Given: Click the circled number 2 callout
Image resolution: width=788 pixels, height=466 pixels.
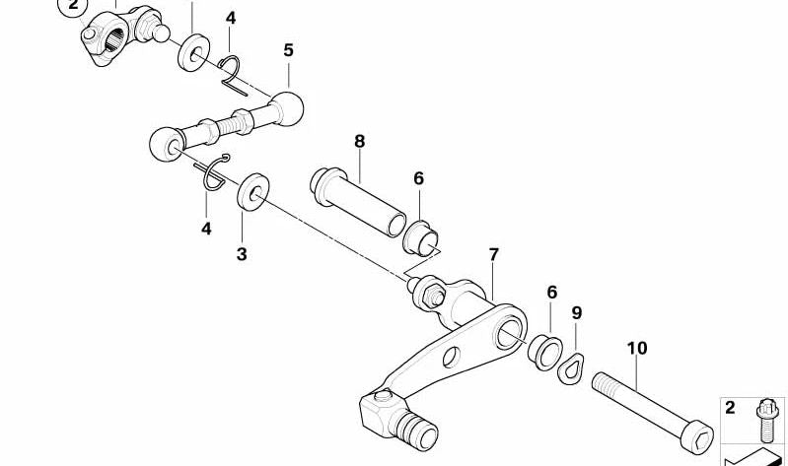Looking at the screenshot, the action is pos(73,5).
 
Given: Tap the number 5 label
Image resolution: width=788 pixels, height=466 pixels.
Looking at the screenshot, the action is pos(288,50).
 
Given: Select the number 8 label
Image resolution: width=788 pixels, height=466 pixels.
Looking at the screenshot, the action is pos(359,142).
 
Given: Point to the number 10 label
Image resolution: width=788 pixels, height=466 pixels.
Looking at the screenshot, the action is pos(637,348).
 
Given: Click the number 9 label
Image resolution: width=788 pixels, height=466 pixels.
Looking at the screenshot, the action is pos(576,313).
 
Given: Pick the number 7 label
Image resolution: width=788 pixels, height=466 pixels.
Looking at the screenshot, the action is pos(493,255).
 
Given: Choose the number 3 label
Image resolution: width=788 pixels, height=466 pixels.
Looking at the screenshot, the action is pos(242,254).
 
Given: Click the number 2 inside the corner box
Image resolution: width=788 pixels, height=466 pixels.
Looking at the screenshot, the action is pos(730,407).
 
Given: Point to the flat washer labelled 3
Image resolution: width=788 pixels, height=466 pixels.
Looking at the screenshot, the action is pos(252,191).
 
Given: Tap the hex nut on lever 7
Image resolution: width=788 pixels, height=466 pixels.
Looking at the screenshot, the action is pos(432,296).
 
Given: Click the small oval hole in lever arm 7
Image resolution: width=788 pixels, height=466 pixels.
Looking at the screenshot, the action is pos(452,357).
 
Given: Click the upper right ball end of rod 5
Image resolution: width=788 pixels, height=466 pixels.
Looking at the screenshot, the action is pos(287,108).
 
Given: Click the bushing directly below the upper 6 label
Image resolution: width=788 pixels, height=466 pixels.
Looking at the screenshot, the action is pos(421,238).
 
